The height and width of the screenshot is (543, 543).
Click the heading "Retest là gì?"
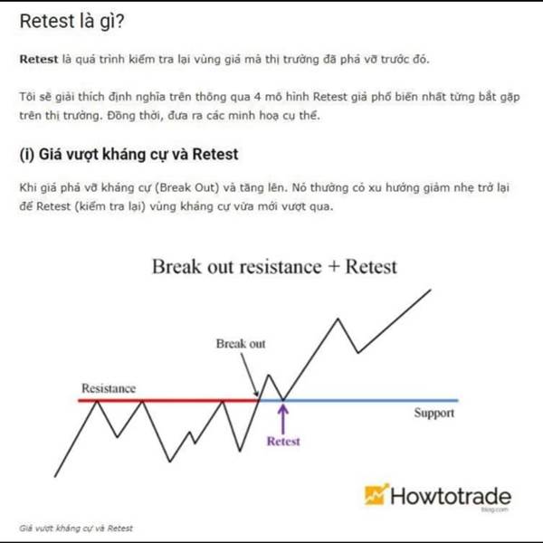pos(71,22)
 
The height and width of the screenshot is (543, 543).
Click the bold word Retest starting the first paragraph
pos(38,59)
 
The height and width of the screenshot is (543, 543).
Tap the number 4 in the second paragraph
pos(257,97)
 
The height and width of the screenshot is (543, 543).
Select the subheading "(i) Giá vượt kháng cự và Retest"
pos(129,155)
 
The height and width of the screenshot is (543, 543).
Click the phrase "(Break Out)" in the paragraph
pos(187,187)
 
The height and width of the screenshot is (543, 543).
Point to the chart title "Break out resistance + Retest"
pos(274,267)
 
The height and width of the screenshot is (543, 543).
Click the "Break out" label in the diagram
pos(241,344)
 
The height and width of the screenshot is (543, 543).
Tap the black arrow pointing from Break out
pos(250,375)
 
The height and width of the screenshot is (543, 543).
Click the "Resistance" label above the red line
pos(109,388)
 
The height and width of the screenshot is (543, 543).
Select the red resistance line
pos(168,401)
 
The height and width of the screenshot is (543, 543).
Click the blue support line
pos(358,401)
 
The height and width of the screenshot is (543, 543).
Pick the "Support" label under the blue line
pos(434,413)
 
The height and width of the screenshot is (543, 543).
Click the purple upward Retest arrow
pos(283,419)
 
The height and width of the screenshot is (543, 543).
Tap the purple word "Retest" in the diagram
pos(283,442)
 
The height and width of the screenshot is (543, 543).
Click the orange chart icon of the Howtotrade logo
pos(376,494)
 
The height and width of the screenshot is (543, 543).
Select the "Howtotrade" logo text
pos(451,496)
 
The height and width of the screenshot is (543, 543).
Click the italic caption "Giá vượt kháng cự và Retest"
pos(76,529)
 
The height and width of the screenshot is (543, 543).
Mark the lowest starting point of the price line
pos(54,477)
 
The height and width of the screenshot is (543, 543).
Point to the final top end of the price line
pos(431,290)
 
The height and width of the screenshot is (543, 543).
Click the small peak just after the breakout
pos(269,375)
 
